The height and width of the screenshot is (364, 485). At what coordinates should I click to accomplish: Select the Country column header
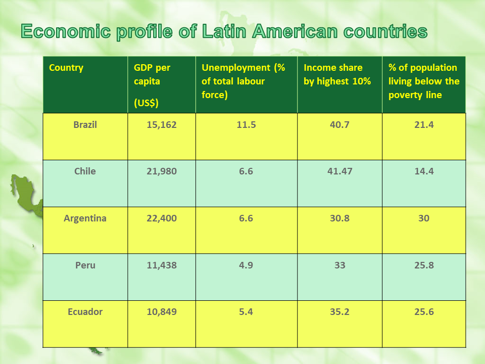(66, 68)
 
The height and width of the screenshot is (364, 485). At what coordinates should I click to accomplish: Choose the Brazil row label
(85, 125)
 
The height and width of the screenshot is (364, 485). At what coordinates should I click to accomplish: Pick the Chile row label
(85, 171)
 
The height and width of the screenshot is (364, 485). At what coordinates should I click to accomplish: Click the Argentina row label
(85, 218)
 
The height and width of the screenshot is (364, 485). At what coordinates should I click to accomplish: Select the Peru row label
(85, 265)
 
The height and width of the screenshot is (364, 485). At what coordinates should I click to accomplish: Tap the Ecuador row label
(85, 312)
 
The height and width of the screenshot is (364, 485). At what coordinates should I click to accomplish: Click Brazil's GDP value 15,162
(162, 125)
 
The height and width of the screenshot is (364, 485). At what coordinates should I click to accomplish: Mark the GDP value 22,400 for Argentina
(162, 218)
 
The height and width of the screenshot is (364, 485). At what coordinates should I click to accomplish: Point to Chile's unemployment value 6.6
(246, 171)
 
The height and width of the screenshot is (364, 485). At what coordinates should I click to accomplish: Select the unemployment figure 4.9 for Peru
(246, 265)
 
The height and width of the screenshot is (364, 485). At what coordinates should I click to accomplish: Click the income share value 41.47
(339, 171)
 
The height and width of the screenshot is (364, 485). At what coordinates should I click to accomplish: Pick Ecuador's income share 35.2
(339, 312)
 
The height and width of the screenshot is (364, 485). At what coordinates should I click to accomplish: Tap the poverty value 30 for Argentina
(424, 218)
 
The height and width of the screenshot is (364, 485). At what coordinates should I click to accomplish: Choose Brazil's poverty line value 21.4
(424, 125)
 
